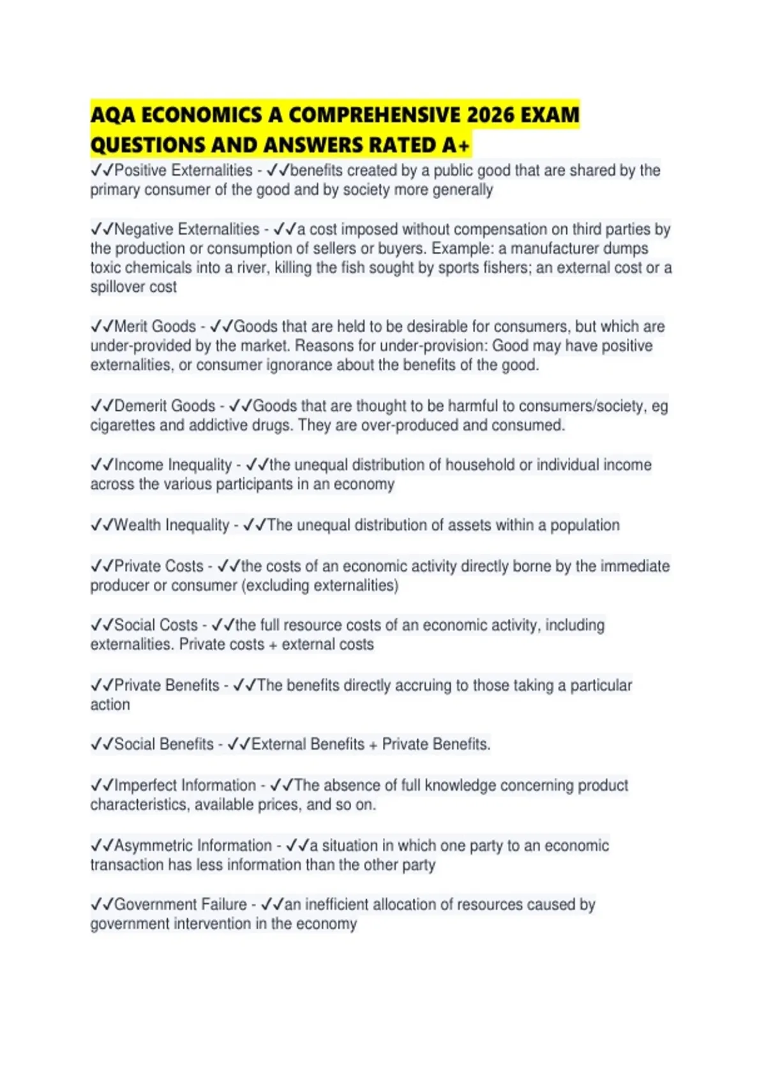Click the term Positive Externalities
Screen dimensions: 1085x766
coord(183,170)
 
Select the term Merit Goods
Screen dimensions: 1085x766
coord(154,326)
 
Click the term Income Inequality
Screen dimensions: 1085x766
coord(172,465)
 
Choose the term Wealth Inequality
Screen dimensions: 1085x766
coord(171,525)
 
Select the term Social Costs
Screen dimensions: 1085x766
coord(156,625)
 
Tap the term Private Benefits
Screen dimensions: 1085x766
coord(167,685)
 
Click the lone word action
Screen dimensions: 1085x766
coord(110,705)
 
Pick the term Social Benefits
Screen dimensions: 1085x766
coord(163,744)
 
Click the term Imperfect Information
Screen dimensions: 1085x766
coord(184,785)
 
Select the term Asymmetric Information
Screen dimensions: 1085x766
coord(193,846)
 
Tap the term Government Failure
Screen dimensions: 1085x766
coord(180,904)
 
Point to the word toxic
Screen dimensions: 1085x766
coord(105,267)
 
